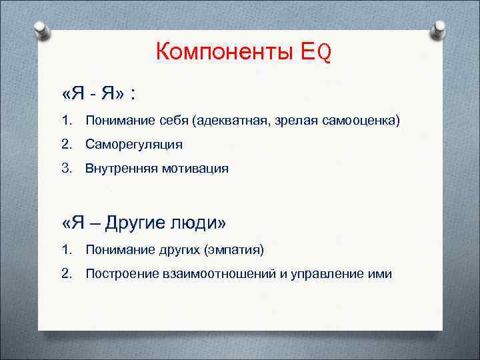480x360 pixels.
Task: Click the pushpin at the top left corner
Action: (x=41, y=30)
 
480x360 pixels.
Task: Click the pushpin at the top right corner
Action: (x=439, y=30)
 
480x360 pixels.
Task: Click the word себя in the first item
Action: (x=172, y=120)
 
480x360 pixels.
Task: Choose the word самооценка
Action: (x=354, y=120)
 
